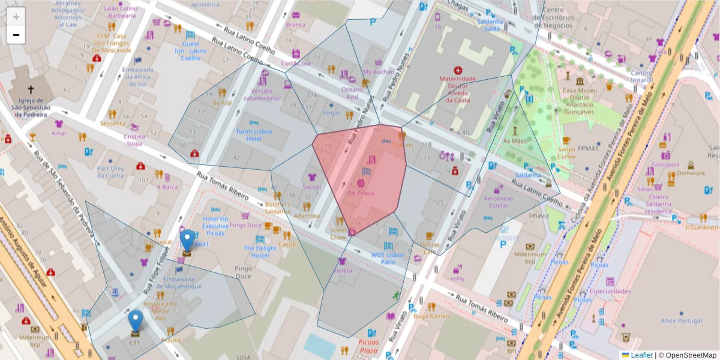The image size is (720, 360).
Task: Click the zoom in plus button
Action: (x=16, y=17)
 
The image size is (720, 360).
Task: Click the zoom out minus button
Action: (x=16, y=35)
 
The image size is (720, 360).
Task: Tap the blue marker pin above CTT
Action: (x=136, y=320)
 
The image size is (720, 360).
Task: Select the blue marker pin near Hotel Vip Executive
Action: (x=188, y=240)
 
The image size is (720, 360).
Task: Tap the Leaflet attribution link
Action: (x=641, y=355)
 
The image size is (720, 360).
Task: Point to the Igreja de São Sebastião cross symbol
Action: (x=31, y=89)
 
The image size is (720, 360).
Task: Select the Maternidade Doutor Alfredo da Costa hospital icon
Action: (x=458, y=70)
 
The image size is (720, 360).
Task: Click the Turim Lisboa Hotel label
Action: (x=253, y=135)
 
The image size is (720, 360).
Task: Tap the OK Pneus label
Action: (x=361, y=194)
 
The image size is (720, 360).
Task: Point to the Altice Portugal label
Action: (x=681, y=320)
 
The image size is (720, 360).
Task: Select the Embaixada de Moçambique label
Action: (x=178, y=283)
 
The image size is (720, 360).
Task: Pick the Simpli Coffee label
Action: (x=566, y=153)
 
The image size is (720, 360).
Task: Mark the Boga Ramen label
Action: (x=431, y=316)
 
